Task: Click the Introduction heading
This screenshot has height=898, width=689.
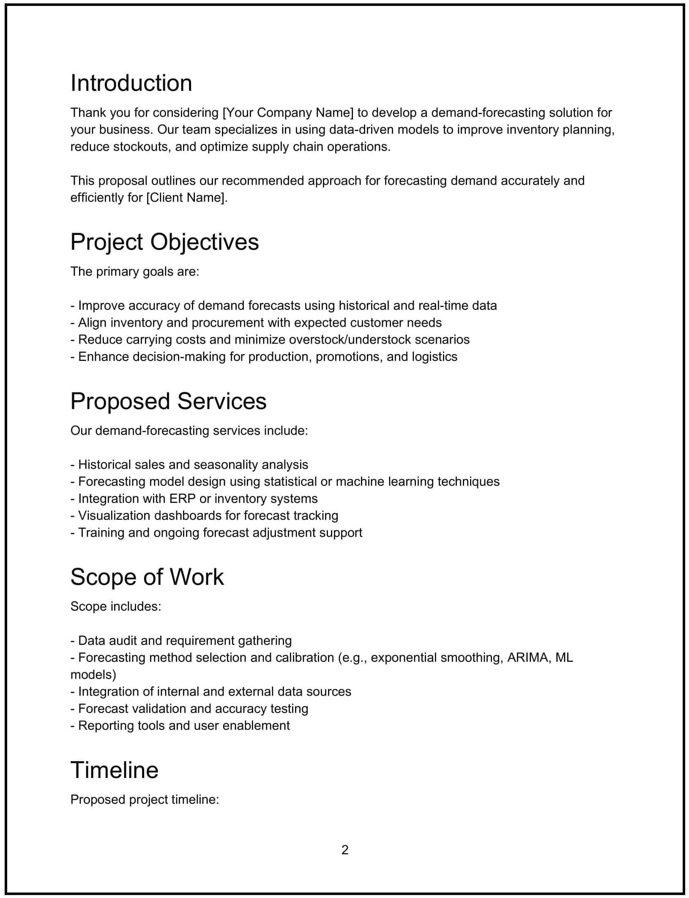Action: click(131, 83)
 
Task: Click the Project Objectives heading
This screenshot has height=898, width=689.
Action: click(164, 242)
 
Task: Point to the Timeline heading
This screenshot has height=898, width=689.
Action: click(114, 770)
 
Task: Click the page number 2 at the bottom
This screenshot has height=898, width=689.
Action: click(344, 849)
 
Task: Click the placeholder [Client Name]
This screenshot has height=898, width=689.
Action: click(186, 197)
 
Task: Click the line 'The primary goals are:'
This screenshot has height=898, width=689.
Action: click(134, 271)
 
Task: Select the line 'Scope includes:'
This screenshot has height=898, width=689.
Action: click(115, 606)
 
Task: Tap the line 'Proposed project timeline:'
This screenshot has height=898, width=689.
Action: click(145, 799)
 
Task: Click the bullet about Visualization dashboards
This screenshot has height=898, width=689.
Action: click(204, 515)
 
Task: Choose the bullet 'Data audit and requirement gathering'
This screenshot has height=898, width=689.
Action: click(181, 640)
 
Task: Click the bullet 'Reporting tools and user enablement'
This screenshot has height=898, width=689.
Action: click(180, 725)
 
